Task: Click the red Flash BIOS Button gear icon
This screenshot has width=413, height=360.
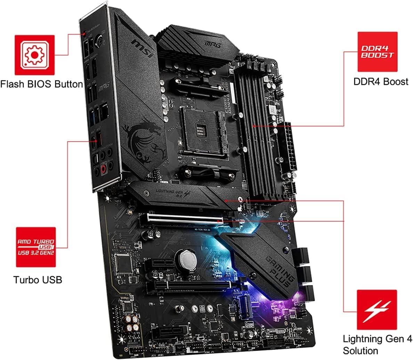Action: tap(34, 55)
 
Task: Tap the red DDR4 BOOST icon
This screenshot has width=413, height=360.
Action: tap(377, 52)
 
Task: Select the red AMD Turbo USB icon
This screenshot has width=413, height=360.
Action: tap(36, 247)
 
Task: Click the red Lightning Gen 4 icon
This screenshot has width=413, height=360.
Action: tap(377, 310)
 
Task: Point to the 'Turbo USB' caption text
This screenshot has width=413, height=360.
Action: tap(38, 279)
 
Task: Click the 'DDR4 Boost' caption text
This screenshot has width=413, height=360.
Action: tap(381, 81)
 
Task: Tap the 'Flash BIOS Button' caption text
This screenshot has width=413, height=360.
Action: tap(41, 84)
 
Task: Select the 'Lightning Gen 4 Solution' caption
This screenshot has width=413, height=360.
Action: tap(378, 344)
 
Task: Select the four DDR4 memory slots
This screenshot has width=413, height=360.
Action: tap(256, 132)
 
